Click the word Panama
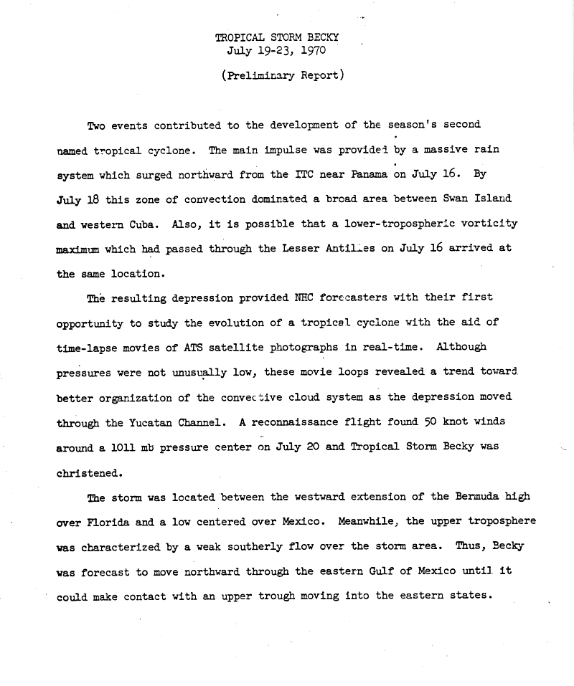pyautogui.click(x=366, y=175)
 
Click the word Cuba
pyautogui.click(x=145, y=224)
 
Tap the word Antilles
pyautogui.click(x=368, y=248)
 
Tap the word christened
pyautogui.click(x=90, y=472)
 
